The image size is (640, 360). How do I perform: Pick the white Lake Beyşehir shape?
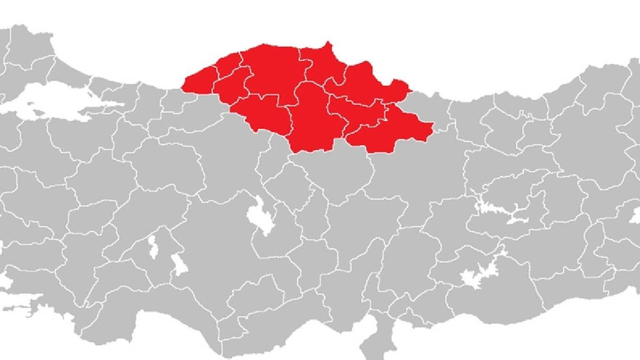click(x=179, y=264)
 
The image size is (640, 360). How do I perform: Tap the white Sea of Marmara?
click(x=43, y=104)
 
